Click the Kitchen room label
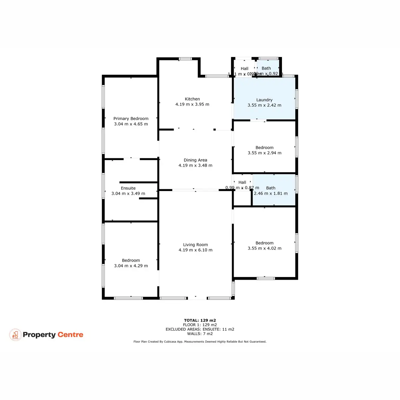click(x=192, y=99)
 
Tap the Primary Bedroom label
click(x=131, y=119)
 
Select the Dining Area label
click(x=195, y=160)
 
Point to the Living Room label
click(x=195, y=245)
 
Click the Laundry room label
click(x=264, y=100)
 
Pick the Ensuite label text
click(x=128, y=188)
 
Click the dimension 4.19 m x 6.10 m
click(x=195, y=250)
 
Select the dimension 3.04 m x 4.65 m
click(x=131, y=124)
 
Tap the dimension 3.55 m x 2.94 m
click(x=264, y=153)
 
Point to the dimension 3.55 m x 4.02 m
click(x=264, y=248)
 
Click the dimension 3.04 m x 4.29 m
click(x=131, y=266)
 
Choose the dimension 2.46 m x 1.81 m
click(x=271, y=193)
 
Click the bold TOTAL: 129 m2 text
click(x=200, y=320)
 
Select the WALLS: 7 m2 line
click(x=200, y=334)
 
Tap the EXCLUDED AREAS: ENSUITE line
click(x=200, y=329)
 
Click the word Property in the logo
click(x=39, y=335)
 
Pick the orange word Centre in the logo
click(x=70, y=335)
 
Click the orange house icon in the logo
click(x=15, y=335)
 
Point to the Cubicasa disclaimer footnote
click(x=200, y=342)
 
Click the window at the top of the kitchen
click(x=185, y=59)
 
